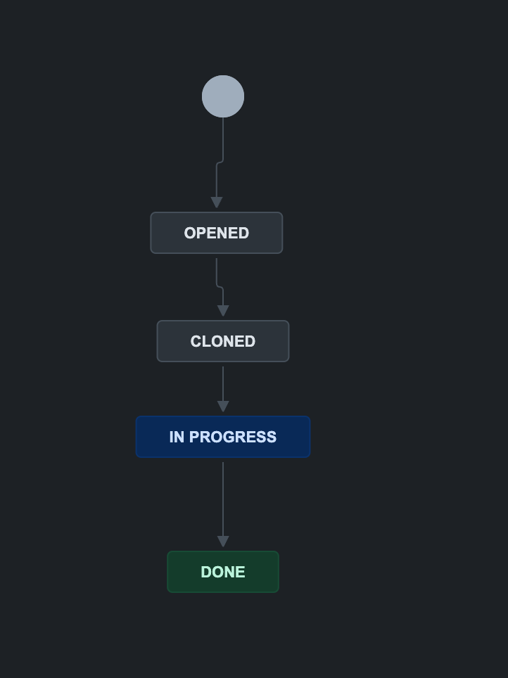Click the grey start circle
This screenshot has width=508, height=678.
(223, 96)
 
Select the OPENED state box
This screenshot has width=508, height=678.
(216, 233)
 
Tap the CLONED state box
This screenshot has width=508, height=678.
(222, 341)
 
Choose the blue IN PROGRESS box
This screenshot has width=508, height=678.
(222, 437)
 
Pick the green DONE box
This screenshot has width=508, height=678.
(222, 572)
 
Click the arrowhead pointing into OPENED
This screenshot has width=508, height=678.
(217, 203)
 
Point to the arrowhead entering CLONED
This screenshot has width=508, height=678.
(223, 311)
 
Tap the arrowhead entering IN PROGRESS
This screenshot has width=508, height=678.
(223, 407)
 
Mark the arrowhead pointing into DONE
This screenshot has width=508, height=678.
(223, 542)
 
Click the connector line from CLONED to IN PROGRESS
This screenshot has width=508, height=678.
(223, 383)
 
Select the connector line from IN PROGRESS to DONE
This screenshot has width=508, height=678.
(223, 499)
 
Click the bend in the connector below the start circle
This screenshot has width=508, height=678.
(220, 162)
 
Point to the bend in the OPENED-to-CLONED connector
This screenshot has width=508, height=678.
(220, 286)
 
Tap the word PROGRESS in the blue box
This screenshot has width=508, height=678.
(233, 437)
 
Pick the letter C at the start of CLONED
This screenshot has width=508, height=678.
(196, 341)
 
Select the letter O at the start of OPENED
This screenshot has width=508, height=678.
(190, 233)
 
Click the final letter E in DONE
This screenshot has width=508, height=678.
(241, 572)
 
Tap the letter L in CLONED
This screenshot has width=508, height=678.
(205, 341)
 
